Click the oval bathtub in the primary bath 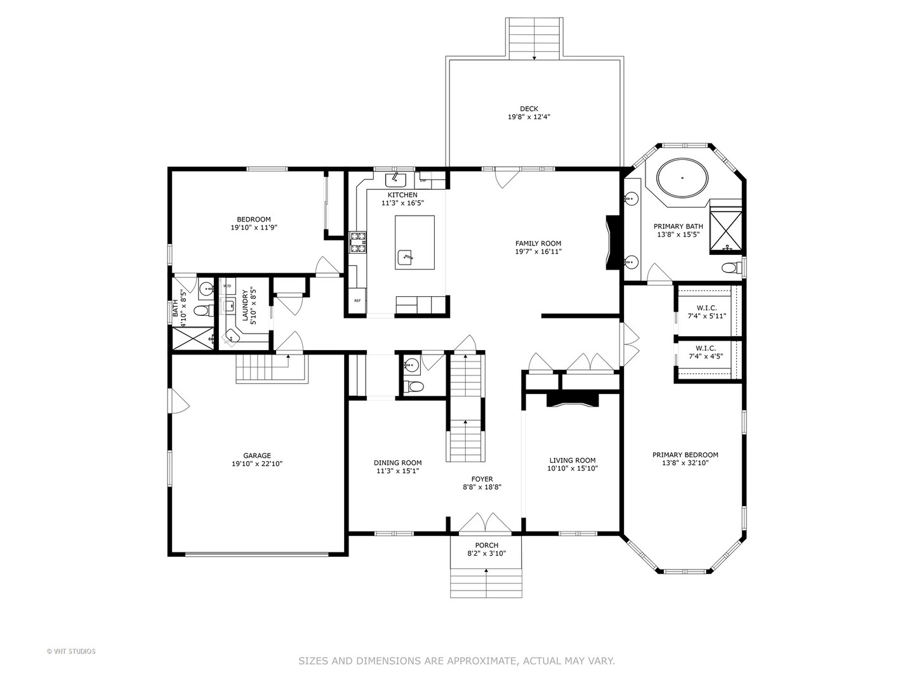pos(682,178)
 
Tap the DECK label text pos(529,109)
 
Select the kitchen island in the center pos(415,242)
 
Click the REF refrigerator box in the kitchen pos(357,301)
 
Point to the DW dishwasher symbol pos(423,181)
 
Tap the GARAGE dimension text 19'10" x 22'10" pos(257,464)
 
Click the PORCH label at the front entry pos(487,545)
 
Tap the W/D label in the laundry pos(227,286)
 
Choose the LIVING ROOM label pos(573,460)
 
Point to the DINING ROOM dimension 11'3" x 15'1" pos(397,471)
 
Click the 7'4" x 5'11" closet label pos(706,316)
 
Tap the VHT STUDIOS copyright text pos(71,651)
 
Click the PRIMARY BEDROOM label pos(685,455)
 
